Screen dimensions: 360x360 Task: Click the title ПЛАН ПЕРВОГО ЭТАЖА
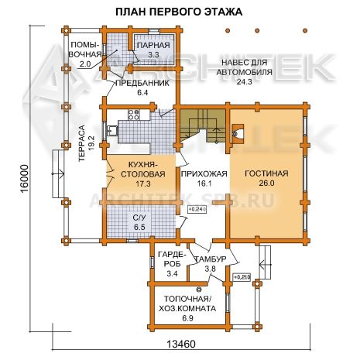click(179, 12)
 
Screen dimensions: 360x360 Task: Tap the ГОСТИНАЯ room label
click(266, 173)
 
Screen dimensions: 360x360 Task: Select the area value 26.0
click(266, 183)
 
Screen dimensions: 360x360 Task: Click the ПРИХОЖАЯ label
click(204, 174)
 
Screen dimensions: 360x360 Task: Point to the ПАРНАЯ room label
click(153, 45)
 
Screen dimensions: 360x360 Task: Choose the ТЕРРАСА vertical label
click(81, 143)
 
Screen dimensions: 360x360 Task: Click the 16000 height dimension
click(25, 179)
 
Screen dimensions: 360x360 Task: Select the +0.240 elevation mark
click(197, 210)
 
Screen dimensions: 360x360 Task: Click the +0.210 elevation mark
click(242, 277)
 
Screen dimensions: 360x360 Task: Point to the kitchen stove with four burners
click(134, 115)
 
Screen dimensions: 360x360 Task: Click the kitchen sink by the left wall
click(112, 130)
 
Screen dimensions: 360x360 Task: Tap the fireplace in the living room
click(238, 134)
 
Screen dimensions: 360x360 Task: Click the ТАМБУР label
click(211, 259)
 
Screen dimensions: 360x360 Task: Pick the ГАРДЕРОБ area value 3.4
click(172, 273)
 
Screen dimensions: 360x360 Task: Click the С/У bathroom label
click(139, 218)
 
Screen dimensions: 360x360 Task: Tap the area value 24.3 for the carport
click(244, 82)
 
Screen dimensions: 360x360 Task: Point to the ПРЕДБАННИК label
click(142, 84)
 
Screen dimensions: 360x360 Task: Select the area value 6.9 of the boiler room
click(187, 318)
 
